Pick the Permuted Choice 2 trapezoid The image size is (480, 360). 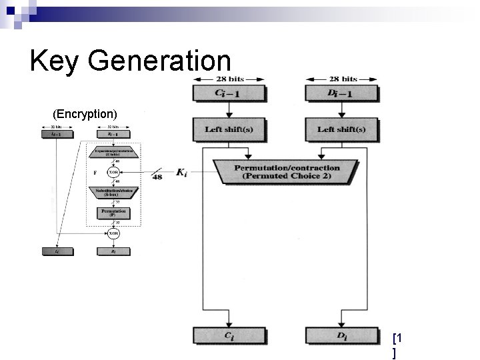287,172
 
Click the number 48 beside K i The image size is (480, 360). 157,177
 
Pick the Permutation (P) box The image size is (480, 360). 114,213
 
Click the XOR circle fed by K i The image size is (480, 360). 114,171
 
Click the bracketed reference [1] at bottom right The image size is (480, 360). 398,345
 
